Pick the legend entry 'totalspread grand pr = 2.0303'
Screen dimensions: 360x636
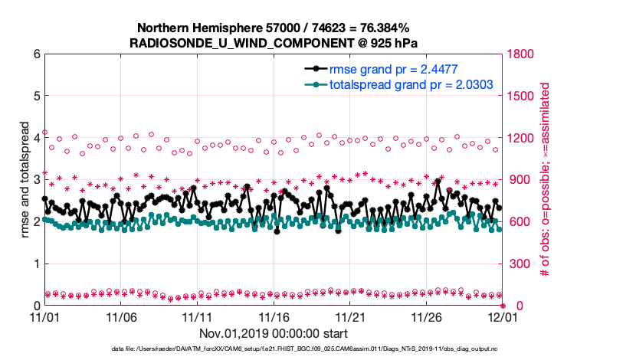[x=411, y=84]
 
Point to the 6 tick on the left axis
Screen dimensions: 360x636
[x=36, y=54]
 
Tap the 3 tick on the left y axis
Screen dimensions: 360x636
[x=36, y=180]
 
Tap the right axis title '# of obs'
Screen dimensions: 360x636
[x=546, y=180]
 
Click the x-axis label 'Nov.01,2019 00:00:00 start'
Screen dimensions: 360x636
[x=274, y=334]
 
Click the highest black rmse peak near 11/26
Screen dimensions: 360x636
[x=438, y=182]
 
